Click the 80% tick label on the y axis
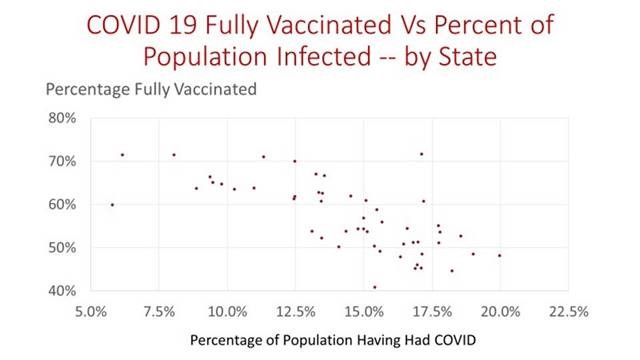coord(62,118)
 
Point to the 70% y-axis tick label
coord(62,161)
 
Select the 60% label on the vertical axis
coord(62,204)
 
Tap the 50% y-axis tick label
coord(62,247)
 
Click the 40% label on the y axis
coord(62,290)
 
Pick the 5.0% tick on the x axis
coord(91,308)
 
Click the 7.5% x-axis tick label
coord(160,308)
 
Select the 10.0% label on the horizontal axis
coord(228,308)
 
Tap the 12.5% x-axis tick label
coord(296,308)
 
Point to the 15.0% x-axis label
coord(364,308)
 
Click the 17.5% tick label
coord(433,308)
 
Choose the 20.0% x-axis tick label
coord(501,308)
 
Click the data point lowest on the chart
coord(375,287)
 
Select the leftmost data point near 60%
coord(112,204)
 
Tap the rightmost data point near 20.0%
coord(499,255)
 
